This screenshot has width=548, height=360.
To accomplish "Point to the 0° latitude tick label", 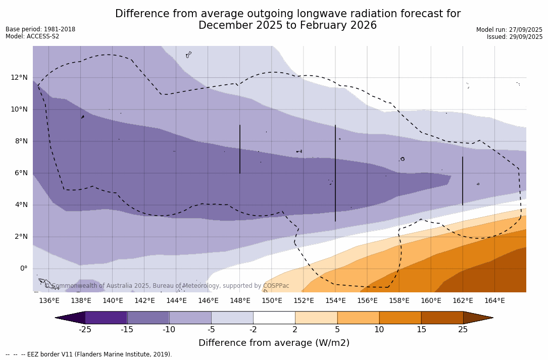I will (23, 269).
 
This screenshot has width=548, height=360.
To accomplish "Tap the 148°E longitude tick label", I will (240, 301).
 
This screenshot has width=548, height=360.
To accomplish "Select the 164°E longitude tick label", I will (494, 301).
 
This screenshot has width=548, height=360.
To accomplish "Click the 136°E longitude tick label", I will (49, 301).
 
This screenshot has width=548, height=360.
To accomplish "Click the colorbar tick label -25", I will (85, 330).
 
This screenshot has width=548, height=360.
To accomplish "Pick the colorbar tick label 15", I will (421, 330).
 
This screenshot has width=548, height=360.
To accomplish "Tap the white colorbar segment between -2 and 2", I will (274, 318).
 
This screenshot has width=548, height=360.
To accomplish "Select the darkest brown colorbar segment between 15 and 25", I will (442, 318).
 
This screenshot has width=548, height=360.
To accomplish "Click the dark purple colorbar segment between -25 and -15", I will (106, 318).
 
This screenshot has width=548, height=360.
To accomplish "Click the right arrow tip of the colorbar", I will (492, 318).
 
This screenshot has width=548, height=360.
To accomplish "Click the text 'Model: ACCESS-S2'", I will (32, 36).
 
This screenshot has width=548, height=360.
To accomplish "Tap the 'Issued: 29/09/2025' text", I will (515, 37).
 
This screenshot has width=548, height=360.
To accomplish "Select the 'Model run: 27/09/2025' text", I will (509, 30).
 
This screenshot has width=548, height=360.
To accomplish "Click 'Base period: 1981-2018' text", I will (40, 29).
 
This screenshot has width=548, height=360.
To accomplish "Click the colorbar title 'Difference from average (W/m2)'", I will (274, 343).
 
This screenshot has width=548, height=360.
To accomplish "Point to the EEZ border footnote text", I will (89, 354).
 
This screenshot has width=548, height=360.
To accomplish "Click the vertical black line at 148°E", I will (240, 149).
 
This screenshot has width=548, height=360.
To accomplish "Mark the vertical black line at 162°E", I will (462, 181).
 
